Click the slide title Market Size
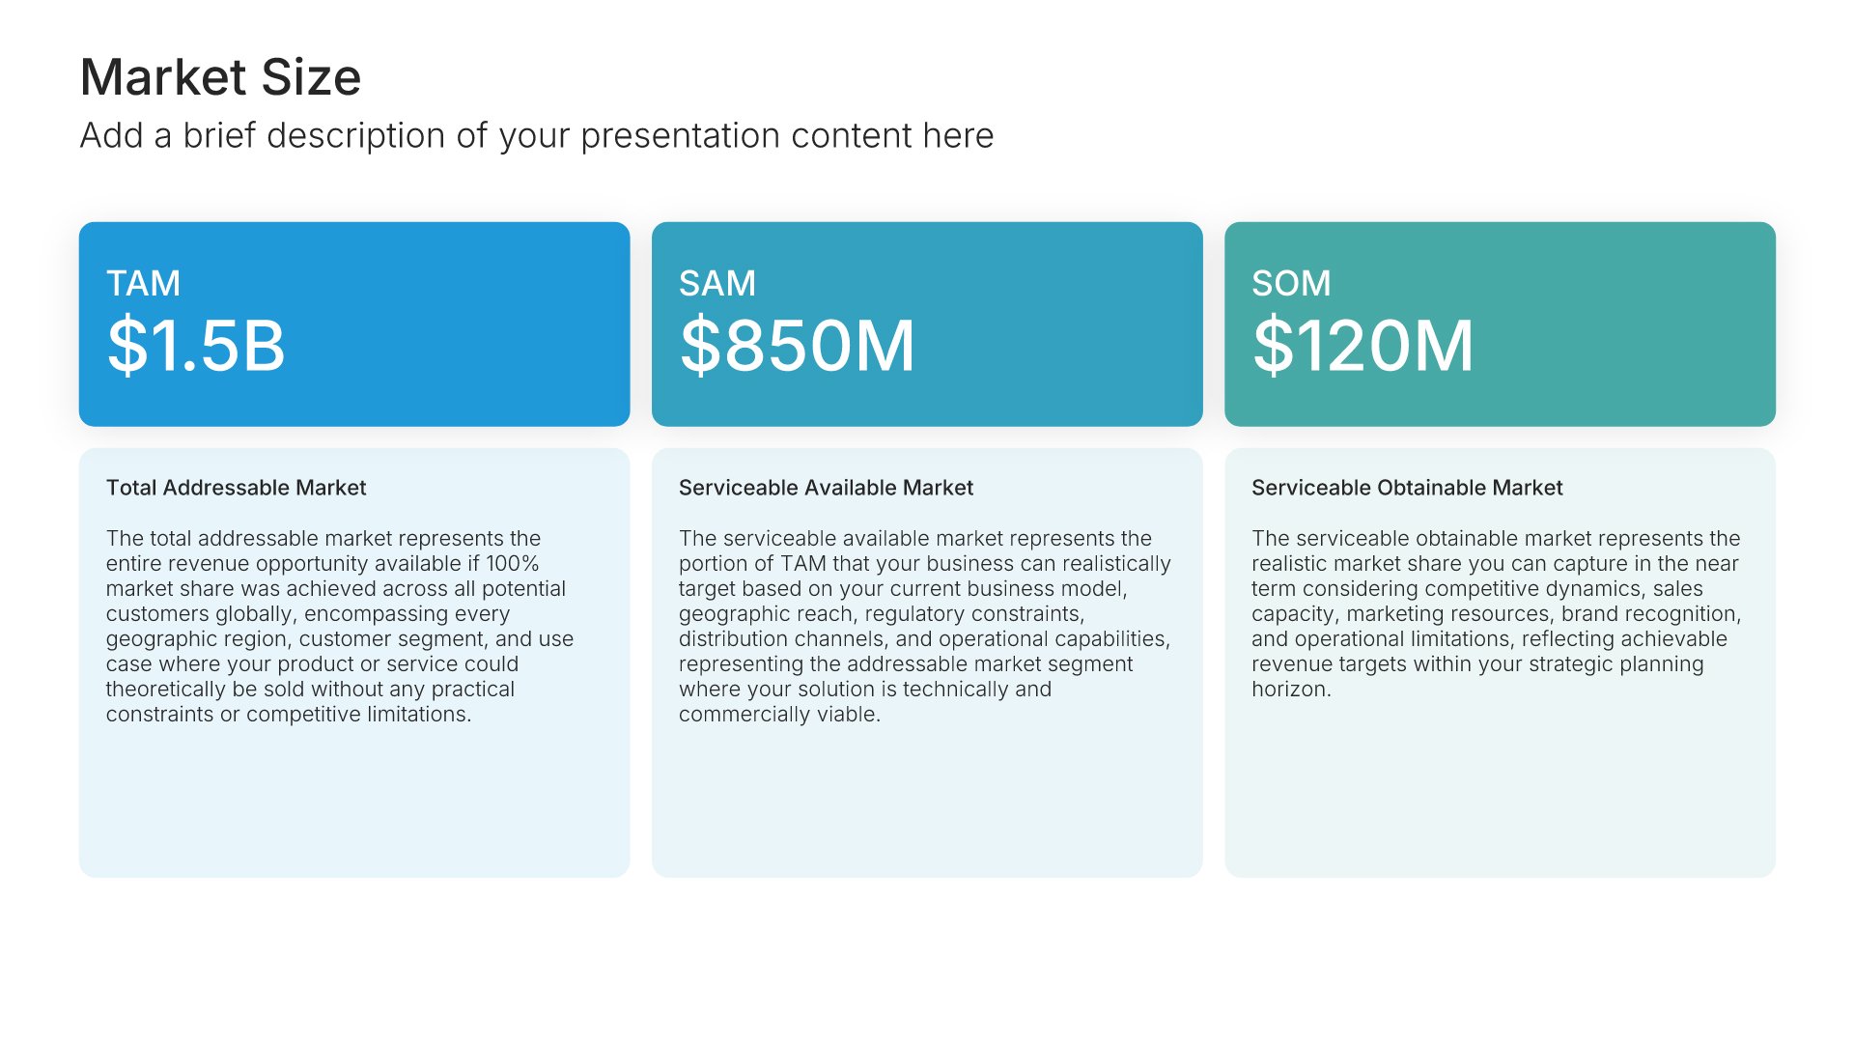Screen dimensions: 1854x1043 tap(220, 77)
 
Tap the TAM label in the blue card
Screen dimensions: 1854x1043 tap(143, 284)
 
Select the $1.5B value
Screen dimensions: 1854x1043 tap(196, 346)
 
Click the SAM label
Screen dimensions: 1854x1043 tap(717, 284)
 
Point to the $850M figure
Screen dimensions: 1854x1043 tap(798, 346)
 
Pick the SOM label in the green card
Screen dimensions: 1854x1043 tap(1291, 284)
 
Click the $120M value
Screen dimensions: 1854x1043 tap(1363, 346)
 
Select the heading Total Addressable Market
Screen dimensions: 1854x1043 tap(237, 488)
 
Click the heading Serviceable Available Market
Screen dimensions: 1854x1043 tap(826, 488)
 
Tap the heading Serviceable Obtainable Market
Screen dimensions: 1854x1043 tap(1407, 488)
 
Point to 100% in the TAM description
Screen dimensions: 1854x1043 tap(512, 564)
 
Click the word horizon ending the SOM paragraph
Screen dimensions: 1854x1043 tap(1291, 690)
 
